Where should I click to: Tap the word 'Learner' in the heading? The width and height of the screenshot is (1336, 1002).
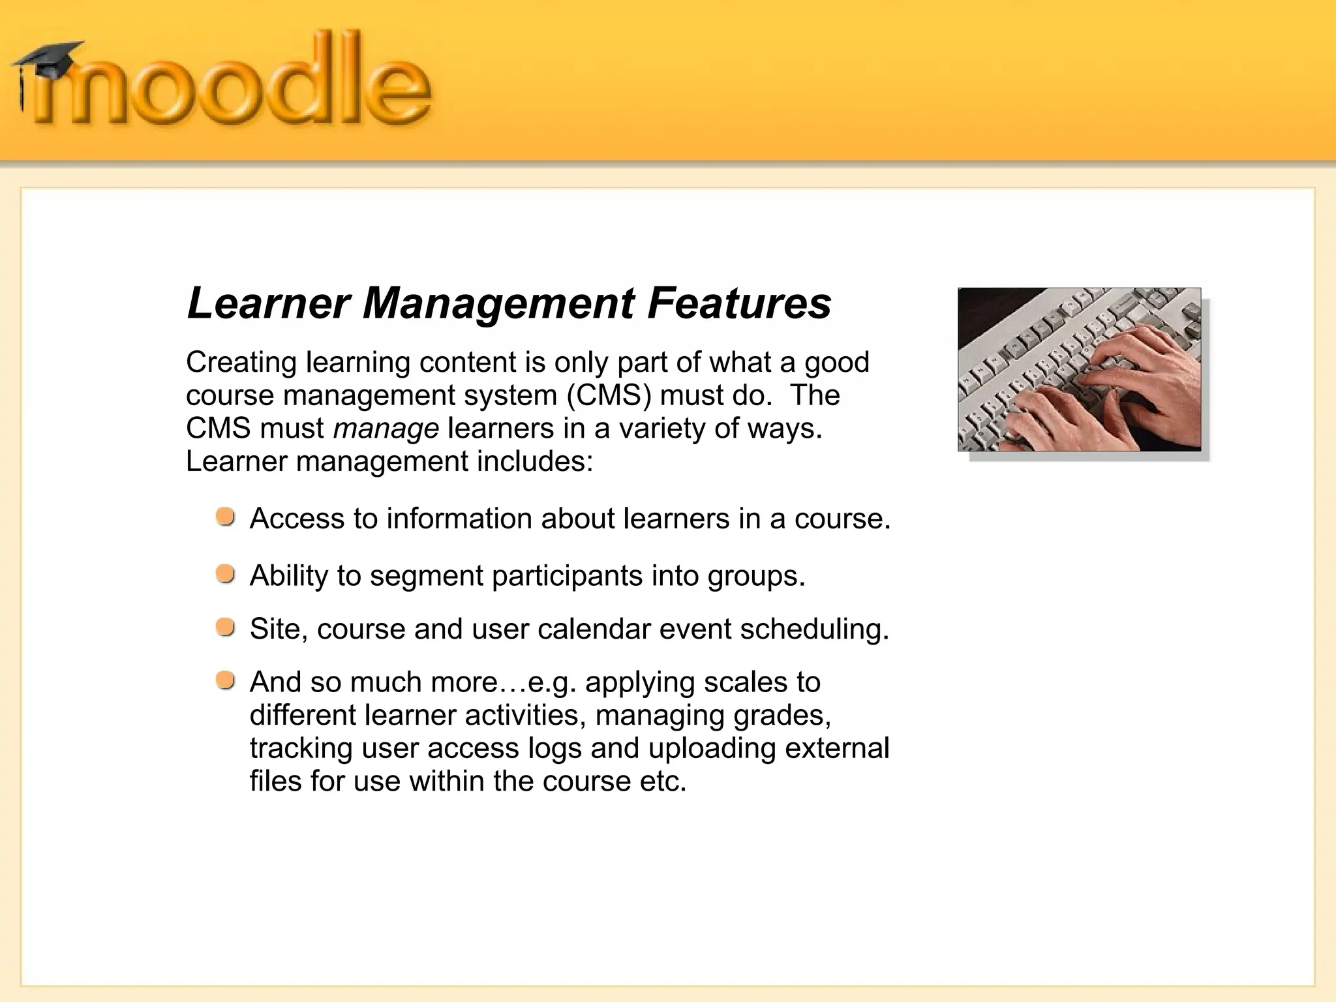tap(269, 303)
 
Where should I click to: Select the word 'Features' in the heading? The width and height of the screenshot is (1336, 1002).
tap(739, 303)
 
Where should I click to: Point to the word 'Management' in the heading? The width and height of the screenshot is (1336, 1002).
tap(498, 305)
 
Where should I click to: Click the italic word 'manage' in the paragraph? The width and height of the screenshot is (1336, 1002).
tap(386, 429)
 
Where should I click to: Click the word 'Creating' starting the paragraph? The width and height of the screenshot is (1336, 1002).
tap(241, 362)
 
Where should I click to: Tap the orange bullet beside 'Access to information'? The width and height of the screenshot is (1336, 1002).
tap(226, 517)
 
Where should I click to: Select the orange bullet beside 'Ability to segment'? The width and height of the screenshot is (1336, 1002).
tap(226, 574)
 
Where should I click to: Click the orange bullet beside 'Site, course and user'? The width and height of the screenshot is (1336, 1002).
tap(226, 628)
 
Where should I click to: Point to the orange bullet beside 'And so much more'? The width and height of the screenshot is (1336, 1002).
tap(226, 680)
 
